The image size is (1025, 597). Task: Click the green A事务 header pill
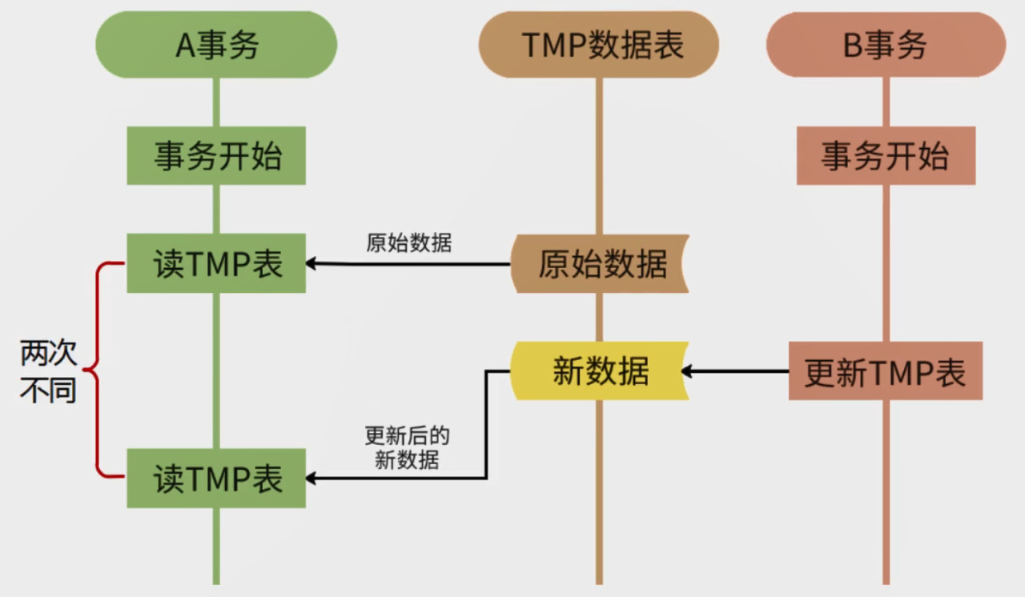(x=216, y=45)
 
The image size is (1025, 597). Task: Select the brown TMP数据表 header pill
(x=599, y=45)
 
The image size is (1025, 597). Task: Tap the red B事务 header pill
(x=886, y=45)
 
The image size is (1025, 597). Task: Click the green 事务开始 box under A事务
(x=216, y=155)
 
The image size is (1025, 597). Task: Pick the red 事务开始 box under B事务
(x=886, y=155)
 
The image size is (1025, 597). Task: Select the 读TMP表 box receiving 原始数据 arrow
(x=216, y=263)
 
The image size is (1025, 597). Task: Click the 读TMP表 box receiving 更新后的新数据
(x=216, y=479)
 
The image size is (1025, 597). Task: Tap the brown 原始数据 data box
(x=601, y=263)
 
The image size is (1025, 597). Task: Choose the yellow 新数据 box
(x=601, y=371)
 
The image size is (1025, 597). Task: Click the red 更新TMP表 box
(x=886, y=371)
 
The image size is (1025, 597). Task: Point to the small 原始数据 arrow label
(x=408, y=242)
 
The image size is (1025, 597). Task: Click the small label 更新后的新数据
(x=407, y=448)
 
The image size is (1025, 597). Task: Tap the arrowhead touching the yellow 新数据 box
(x=687, y=371)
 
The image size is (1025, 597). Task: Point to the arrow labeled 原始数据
(x=408, y=263)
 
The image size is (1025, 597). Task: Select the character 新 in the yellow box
(x=568, y=371)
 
